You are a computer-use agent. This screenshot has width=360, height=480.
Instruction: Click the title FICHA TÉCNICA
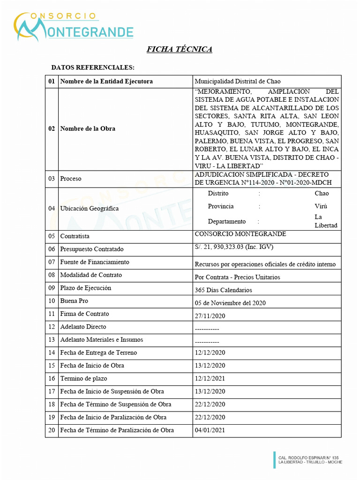click(x=180, y=49)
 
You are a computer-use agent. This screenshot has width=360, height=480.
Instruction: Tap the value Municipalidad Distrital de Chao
click(x=238, y=82)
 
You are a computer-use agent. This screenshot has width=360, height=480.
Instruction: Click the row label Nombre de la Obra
click(x=88, y=128)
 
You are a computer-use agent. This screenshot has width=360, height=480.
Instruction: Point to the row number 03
click(x=52, y=179)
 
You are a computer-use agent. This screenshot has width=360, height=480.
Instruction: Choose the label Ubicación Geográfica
click(x=90, y=208)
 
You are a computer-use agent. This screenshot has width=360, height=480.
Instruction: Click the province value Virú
click(x=321, y=206)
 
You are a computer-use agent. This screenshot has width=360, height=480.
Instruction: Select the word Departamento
click(x=227, y=221)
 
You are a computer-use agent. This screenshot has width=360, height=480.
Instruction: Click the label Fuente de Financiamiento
click(x=95, y=262)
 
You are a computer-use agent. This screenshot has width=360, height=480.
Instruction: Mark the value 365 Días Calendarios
click(x=223, y=290)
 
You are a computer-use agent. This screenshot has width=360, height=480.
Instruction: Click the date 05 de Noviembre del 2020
click(x=230, y=303)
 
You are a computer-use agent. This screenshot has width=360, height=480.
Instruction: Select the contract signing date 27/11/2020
click(x=210, y=316)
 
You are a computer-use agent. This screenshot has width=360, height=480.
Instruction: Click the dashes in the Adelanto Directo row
click(x=207, y=329)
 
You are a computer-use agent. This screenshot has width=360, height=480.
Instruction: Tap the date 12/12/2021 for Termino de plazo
click(x=210, y=378)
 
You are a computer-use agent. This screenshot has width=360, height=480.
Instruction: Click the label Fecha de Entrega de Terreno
click(x=98, y=352)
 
